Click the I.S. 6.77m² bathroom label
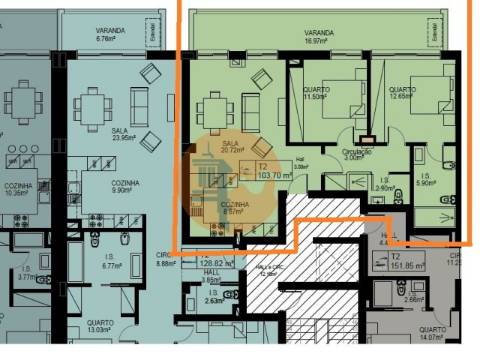pos(110,263)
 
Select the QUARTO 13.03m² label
pos(98,327)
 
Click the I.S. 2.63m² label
pos(212,296)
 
